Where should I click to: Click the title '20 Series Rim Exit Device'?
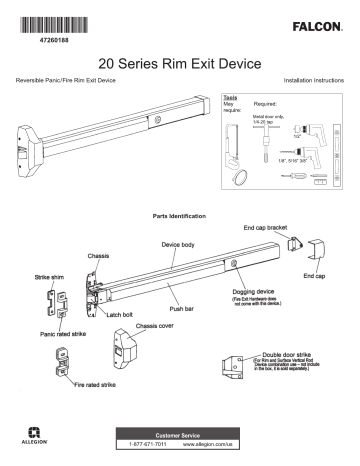[180, 62]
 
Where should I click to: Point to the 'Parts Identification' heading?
[180, 215]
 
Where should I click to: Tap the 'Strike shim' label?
[40, 275]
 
